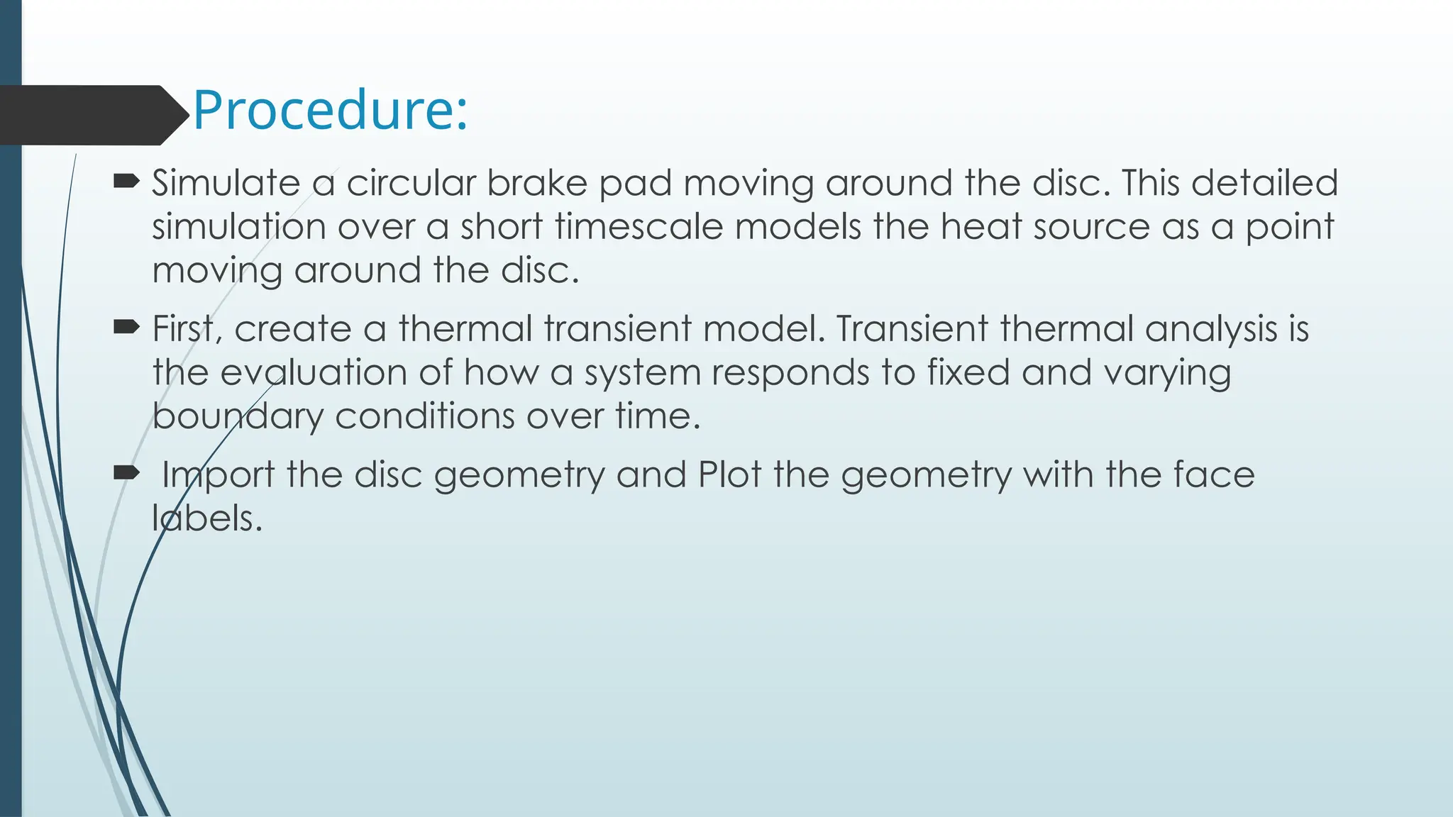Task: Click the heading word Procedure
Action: click(x=329, y=111)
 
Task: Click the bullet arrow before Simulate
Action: click(x=126, y=182)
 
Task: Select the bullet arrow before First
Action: click(x=126, y=328)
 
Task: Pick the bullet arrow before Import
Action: click(x=126, y=473)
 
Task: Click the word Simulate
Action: click(x=226, y=184)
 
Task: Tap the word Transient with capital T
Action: click(x=912, y=330)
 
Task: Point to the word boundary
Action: click(x=238, y=417)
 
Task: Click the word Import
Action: click(x=217, y=476)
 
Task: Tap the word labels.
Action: click(x=206, y=518)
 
